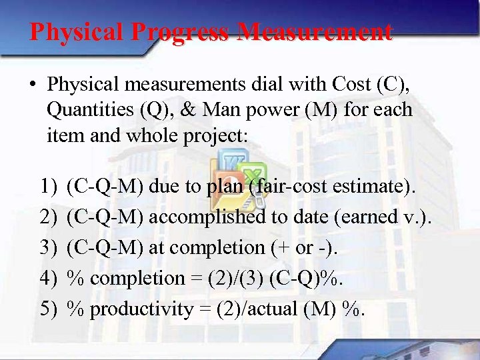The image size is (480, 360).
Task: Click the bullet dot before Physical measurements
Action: [x=33, y=85]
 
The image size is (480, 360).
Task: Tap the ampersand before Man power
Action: [x=191, y=110]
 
